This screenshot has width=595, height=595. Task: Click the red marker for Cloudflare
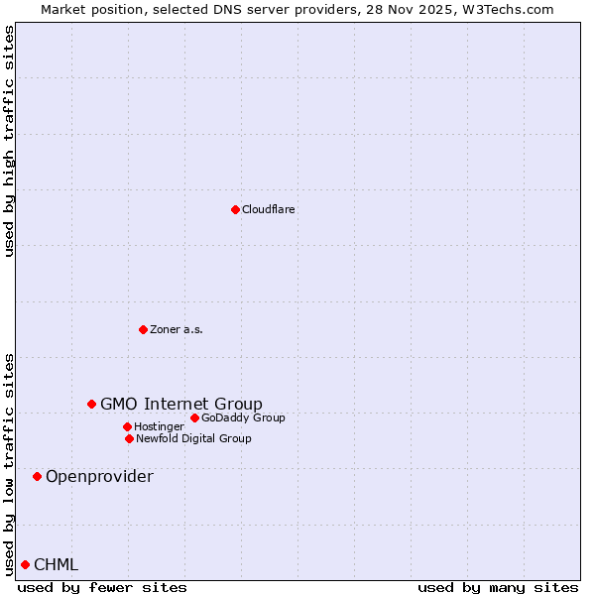235,209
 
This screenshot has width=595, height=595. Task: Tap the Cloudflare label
269,210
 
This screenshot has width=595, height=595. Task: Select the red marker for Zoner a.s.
143,329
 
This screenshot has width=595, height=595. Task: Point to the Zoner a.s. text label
177,330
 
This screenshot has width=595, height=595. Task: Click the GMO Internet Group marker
91,404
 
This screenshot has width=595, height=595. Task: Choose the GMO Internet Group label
181,404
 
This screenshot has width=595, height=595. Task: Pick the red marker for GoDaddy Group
194,417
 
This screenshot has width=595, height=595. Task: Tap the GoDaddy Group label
243,418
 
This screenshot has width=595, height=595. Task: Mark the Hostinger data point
127,426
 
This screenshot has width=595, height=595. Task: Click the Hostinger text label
159,427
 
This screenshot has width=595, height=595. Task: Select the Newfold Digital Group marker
129,438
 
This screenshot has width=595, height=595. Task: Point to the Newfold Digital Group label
193,439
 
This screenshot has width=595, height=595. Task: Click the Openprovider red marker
37,476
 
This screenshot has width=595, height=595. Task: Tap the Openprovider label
99,477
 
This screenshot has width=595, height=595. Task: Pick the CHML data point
25,564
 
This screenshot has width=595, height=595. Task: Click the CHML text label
56,565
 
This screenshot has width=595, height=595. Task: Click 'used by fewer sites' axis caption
102,588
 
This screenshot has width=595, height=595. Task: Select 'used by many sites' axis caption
498,588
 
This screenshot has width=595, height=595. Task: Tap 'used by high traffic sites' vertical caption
10,141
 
